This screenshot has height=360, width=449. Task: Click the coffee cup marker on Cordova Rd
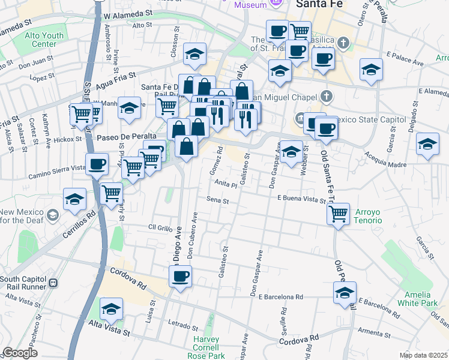coord(180,277)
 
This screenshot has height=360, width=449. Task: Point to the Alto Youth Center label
coord(44,40)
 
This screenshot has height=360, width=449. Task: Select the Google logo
coord(20,353)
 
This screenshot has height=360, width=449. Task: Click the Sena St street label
coord(217,200)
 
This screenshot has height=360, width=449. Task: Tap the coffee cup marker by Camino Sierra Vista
coord(97,164)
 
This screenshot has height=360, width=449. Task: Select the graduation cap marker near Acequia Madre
coord(427,145)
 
